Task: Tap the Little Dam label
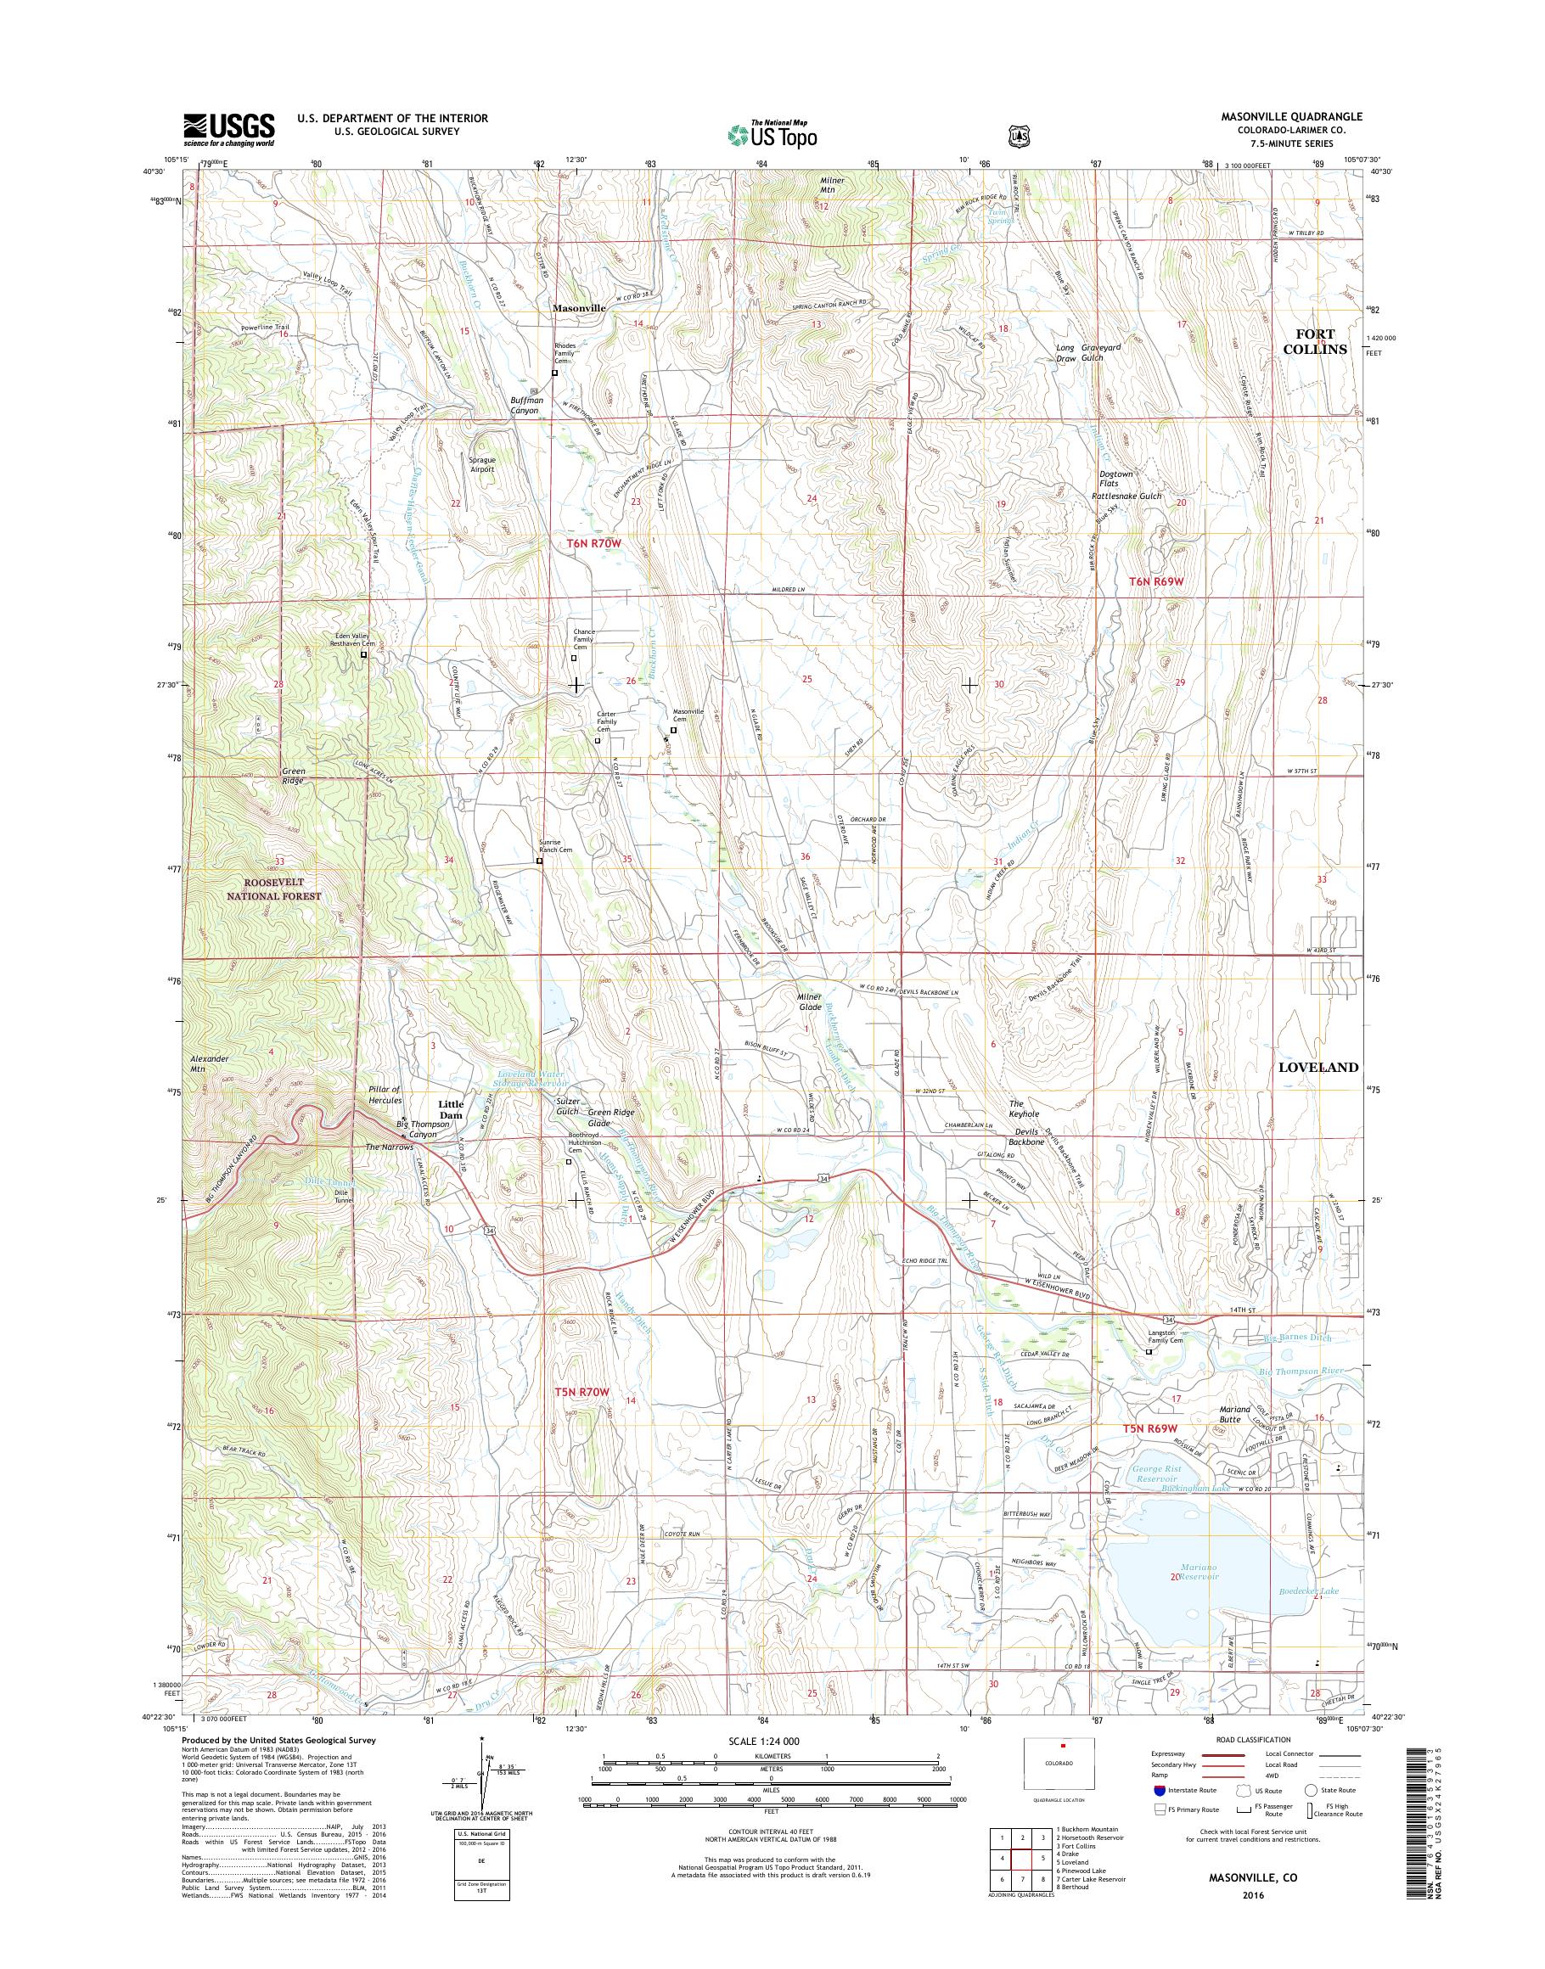[451, 1110]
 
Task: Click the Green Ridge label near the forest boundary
[293, 776]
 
